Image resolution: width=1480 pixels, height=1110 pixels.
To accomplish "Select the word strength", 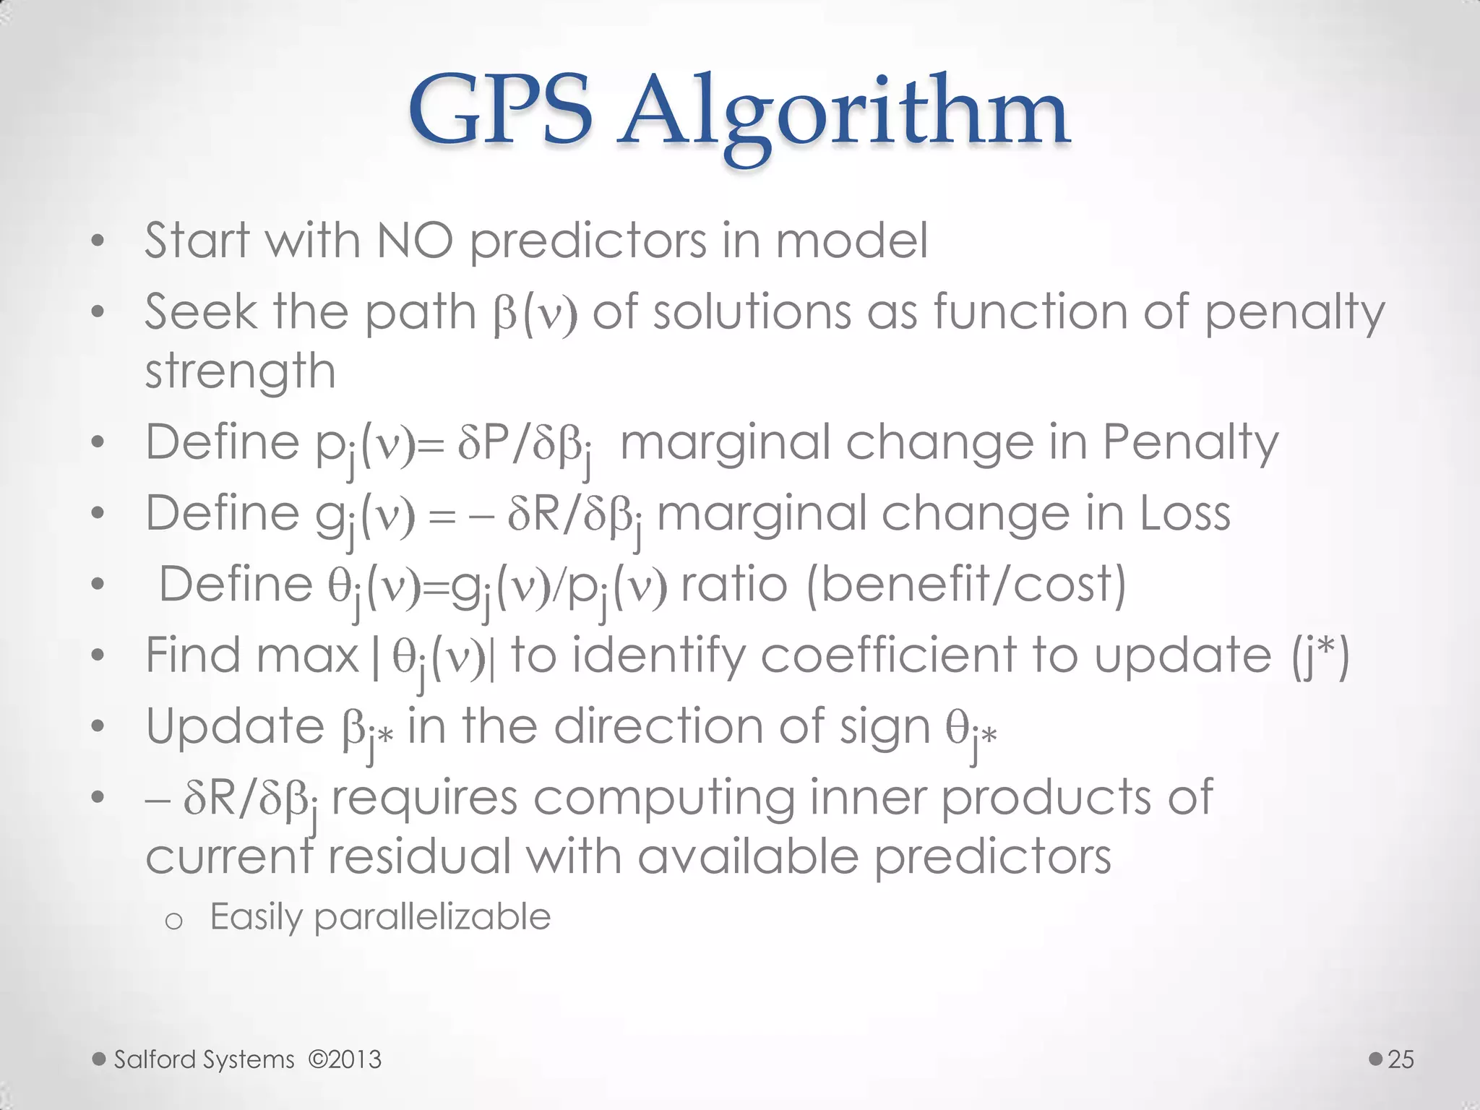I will pos(240,372).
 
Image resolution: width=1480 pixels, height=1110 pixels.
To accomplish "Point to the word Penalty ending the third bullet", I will pos(1190,442).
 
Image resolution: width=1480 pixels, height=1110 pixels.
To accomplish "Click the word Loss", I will pos(1185,514).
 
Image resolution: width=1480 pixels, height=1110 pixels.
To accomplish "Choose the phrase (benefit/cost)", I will pos(966,584).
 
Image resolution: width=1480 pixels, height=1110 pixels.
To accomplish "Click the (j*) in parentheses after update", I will pos(1320,656).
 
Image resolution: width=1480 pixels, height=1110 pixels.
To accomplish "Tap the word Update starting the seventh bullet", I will pos(235,726).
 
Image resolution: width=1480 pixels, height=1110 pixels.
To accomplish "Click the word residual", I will pos(420,857).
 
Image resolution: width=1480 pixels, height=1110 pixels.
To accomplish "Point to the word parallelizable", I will pos(432,917).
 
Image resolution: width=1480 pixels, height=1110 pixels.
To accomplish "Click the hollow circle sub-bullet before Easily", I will pos(173,921).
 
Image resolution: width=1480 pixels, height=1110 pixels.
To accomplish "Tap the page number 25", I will pos(1401,1059).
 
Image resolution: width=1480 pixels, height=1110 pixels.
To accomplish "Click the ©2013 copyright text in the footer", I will pos(345,1059).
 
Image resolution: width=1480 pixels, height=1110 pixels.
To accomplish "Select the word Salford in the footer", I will pos(154,1059).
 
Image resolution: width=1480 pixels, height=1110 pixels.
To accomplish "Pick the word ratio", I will pos(733,584).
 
